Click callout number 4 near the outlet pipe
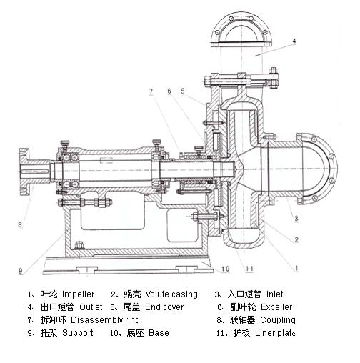click(x=294, y=41)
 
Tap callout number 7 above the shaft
click(x=151, y=91)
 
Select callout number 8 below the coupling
click(x=20, y=224)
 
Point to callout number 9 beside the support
click(x=20, y=271)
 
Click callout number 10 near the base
click(x=225, y=269)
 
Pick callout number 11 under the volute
click(x=249, y=269)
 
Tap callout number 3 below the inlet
click(x=296, y=218)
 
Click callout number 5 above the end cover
click(x=183, y=91)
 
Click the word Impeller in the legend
click(x=78, y=294)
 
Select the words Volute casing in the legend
click(x=171, y=294)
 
